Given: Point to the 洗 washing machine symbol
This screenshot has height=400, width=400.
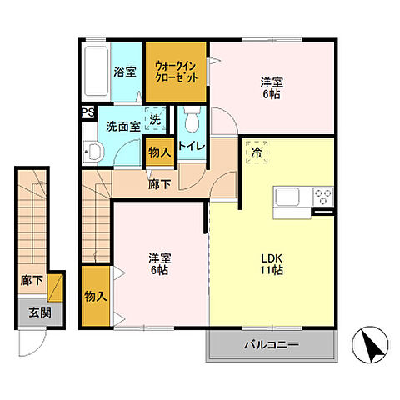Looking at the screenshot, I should click(154, 121).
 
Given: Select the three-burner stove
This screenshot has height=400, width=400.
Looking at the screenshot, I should click(322, 197).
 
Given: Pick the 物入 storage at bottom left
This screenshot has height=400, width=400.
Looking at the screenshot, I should click(95, 296).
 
